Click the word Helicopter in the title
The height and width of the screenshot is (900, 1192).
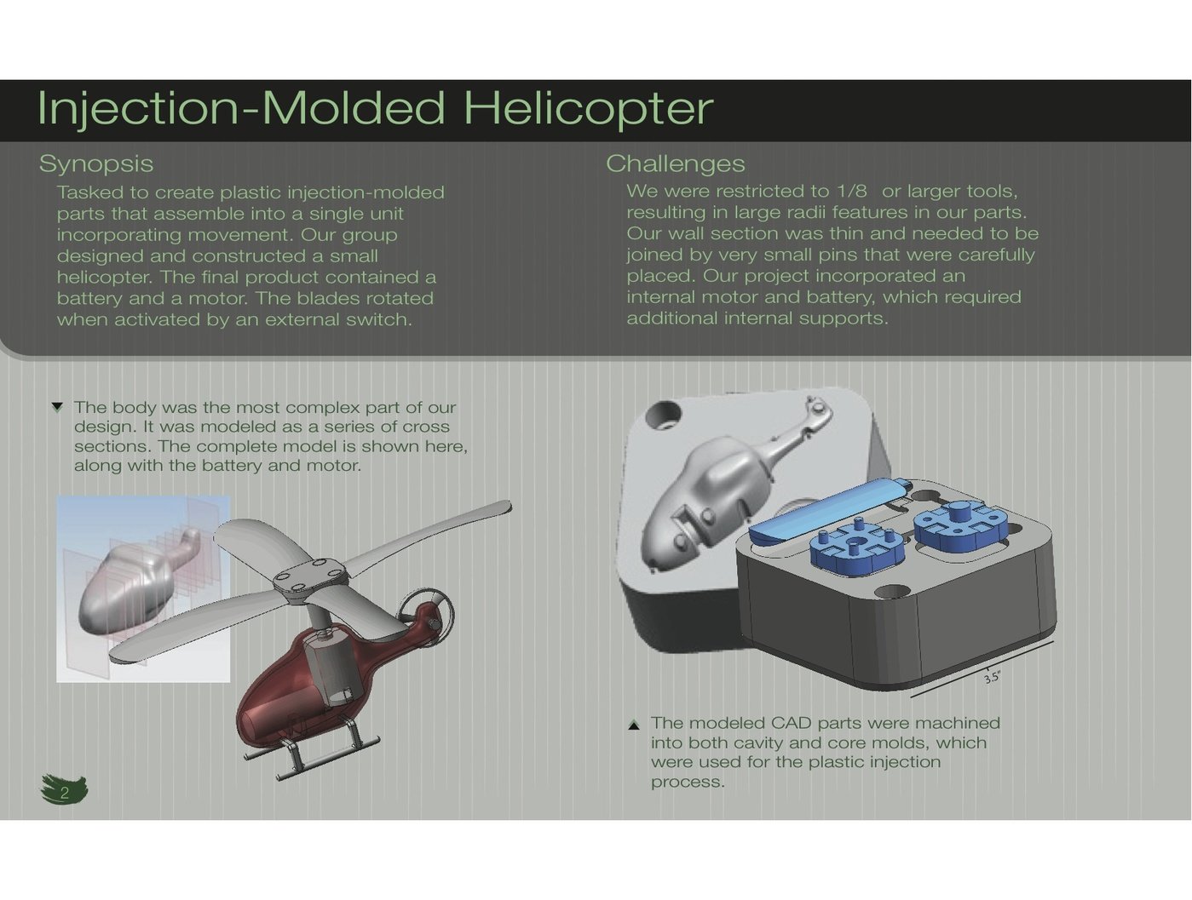[x=588, y=108]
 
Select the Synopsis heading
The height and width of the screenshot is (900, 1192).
[x=96, y=163]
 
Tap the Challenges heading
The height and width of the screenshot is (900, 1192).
[x=675, y=163]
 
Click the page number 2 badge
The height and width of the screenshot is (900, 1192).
[x=64, y=791]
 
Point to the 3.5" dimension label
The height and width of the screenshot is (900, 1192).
[x=992, y=678]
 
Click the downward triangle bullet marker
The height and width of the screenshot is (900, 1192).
[x=57, y=407]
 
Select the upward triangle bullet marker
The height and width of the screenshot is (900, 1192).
[x=633, y=725]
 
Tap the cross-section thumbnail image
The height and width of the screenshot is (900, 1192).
[x=143, y=588]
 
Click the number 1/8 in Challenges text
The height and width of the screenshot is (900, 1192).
[x=851, y=191]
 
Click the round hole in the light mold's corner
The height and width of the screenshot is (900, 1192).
[x=663, y=416]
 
